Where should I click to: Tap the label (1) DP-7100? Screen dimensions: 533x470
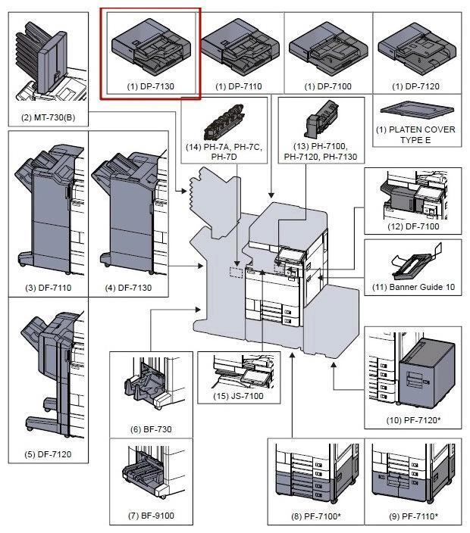327,86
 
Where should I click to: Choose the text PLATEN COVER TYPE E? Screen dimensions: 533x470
416,135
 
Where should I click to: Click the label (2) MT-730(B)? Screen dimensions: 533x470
48,117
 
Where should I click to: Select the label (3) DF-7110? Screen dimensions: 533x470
48,288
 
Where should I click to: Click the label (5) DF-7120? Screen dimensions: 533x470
48,455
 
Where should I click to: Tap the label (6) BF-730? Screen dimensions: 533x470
151,429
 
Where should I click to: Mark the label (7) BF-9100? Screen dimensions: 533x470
151,516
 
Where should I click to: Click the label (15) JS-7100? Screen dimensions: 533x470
238,396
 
